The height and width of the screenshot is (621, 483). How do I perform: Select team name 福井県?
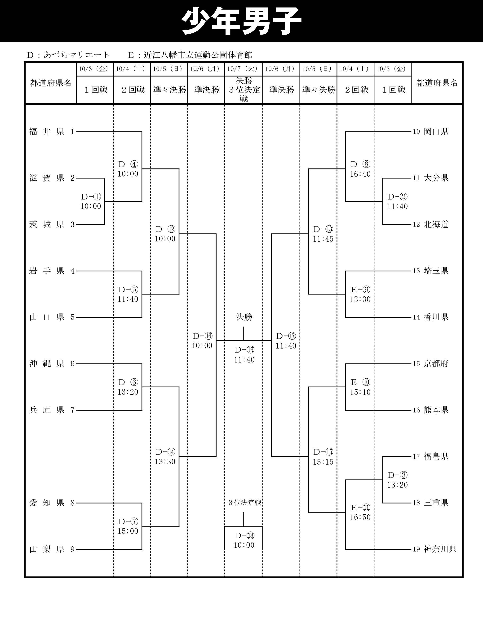tap(47, 132)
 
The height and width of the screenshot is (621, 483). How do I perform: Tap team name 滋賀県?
tap(47, 178)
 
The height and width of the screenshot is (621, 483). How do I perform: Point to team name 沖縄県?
tap(47, 364)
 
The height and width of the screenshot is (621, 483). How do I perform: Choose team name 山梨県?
tap(47, 549)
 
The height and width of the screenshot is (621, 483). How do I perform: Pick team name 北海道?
tap(436, 224)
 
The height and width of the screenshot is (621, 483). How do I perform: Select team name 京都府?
tap(436, 364)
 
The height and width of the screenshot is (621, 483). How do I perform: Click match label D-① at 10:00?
tap(91, 197)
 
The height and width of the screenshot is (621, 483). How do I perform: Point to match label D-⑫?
tap(165, 229)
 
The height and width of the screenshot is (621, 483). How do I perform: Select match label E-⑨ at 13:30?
tap(360, 290)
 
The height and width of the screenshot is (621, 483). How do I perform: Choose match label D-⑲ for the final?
tap(244, 350)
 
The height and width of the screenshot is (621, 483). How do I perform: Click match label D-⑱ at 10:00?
tap(244, 536)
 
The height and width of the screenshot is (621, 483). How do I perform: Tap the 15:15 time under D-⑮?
tap(323, 462)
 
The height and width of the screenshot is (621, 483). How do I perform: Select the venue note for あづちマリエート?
tap(68, 54)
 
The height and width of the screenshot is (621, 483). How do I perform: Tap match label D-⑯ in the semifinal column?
tap(202, 336)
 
